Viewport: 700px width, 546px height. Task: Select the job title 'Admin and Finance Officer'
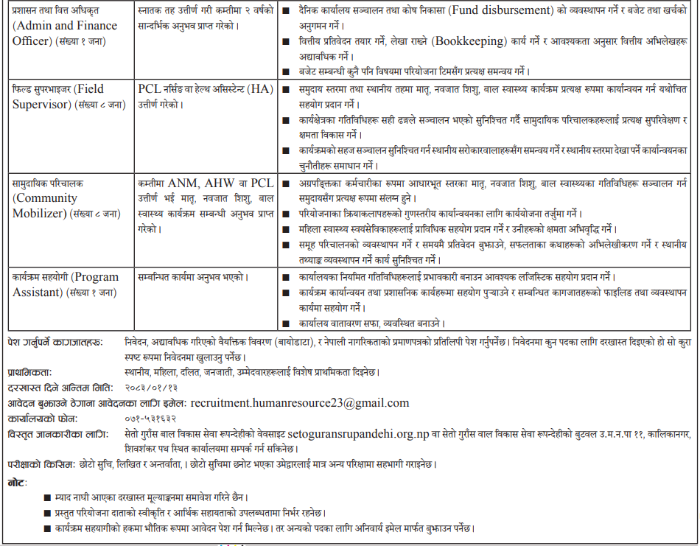(x=64, y=32)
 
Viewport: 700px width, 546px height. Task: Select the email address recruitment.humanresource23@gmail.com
(x=299, y=403)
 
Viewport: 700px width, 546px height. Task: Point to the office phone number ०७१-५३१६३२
(x=153, y=418)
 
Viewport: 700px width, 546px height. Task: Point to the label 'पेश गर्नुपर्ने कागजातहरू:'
(x=55, y=342)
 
